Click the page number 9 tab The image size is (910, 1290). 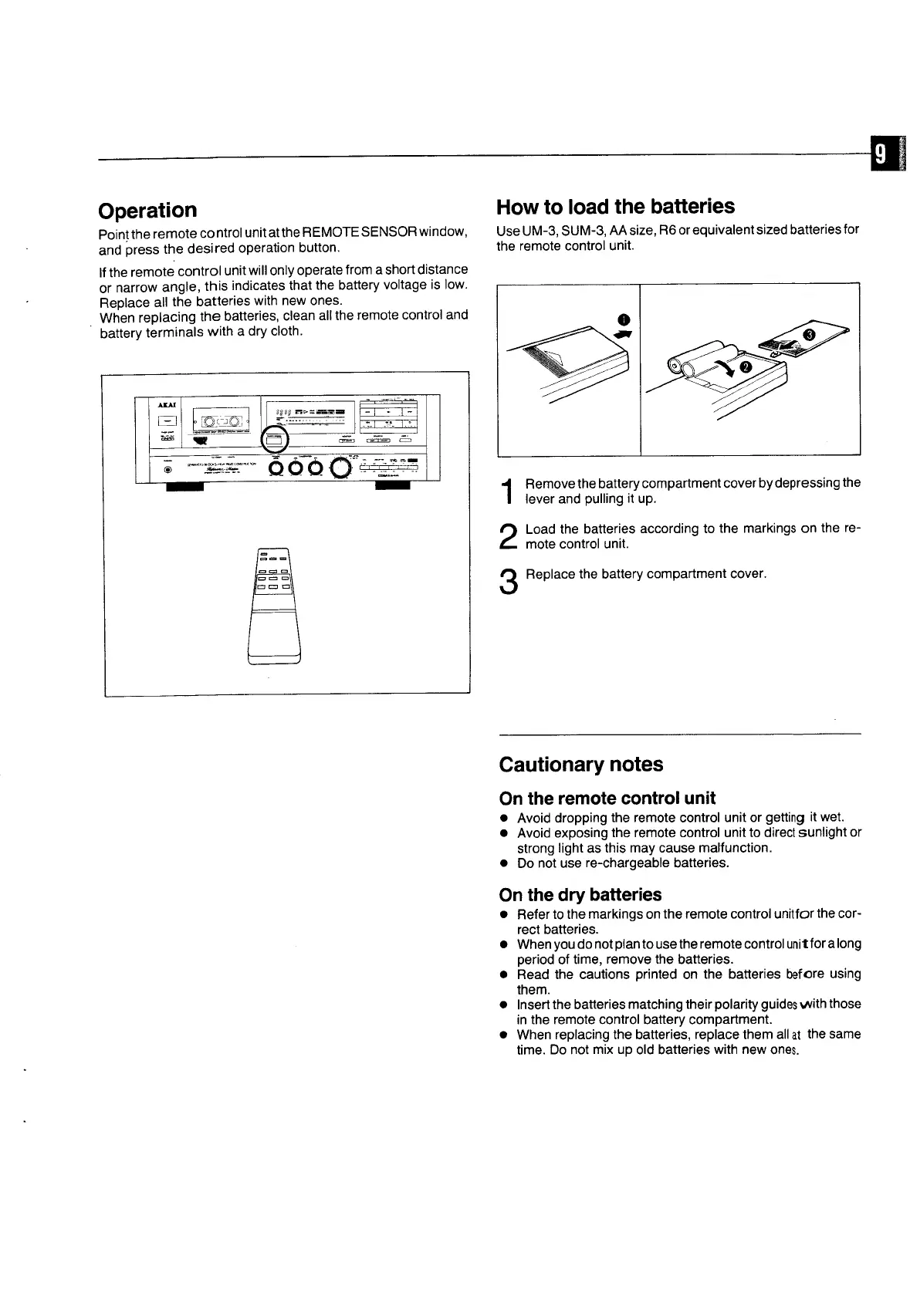click(883, 157)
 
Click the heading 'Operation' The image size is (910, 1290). click(147, 211)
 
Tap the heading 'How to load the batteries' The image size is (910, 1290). click(615, 207)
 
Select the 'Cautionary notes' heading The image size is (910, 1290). click(580, 765)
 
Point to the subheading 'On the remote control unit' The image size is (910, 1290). click(607, 798)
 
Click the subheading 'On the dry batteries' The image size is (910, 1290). click(580, 894)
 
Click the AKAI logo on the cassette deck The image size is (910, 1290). click(167, 404)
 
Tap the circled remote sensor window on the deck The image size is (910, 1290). click(276, 441)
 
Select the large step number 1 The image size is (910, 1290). click(508, 491)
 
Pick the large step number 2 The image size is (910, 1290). click(509, 536)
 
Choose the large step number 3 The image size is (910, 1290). click(508, 581)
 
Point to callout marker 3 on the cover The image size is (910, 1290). click(808, 334)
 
